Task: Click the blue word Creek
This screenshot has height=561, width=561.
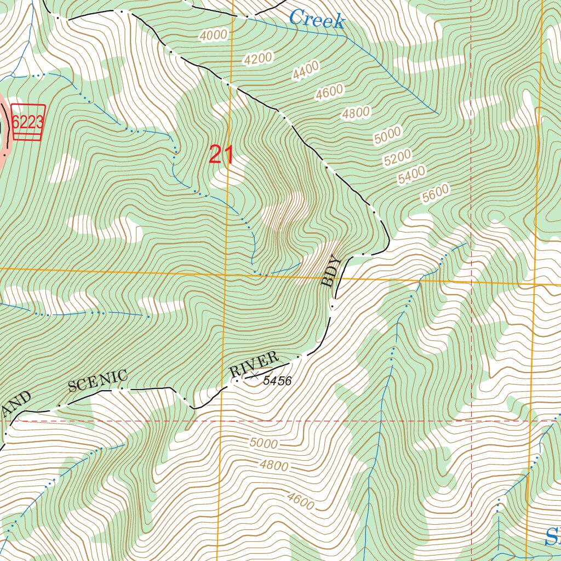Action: pyautogui.click(x=317, y=20)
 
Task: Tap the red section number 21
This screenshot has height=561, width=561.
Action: pyautogui.click(x=221, y=156)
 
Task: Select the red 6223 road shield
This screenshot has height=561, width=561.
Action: pyautogui.click(x=27, y=122)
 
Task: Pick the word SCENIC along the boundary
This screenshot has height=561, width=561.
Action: pyautogui.click(x=98, y=381)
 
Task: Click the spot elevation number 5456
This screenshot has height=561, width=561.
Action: pyautogui.click(x=277, y=381)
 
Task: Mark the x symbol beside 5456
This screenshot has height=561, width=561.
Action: pyautogui.click(x=255, y=375)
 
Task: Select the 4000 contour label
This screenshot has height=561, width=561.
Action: pyautogui.click(x=213, y=36)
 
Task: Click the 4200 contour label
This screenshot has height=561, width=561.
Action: pyautogui.click(x=259, y=59)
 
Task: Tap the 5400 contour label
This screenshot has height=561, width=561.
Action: pyautogui.click(x=412, y=175)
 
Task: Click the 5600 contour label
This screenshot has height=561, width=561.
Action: pyautogui.click(x=436, y=194)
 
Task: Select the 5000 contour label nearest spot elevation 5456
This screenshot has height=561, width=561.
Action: pyautogui.click(x=264, y=443)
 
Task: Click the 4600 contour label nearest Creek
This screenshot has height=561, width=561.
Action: pyautogui.click(x=329, y=93)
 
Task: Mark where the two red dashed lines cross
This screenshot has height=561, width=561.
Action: pyautogui.click(x=472, y=421)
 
